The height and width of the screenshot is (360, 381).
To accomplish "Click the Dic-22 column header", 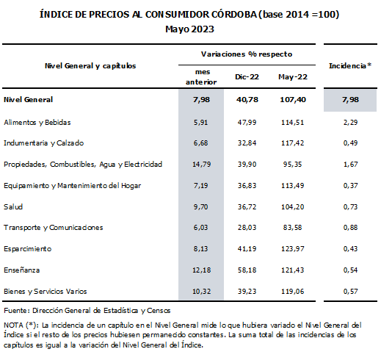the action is click(x=247, y=77).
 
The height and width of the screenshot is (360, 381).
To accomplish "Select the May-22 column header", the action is click(x=293, y=77).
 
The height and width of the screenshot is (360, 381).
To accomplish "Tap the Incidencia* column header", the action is click(x=350, y=65).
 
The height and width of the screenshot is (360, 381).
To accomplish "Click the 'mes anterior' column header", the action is click(x=201, y=77).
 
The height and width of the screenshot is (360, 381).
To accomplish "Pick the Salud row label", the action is click(x=13, y=206).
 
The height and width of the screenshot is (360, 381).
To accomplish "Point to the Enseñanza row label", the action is click(x=22, y=270).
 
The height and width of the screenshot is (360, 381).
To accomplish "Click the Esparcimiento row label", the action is click(x=28, y=249).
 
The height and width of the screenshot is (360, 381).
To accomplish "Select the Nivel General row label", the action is click(x=28, y=99).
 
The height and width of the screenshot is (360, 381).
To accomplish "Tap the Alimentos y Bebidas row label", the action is click(x=37, y=122).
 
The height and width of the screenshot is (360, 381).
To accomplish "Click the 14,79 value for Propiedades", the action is click(x=201, y=164).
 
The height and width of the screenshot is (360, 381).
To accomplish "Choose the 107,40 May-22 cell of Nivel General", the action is click(x=293, y=100).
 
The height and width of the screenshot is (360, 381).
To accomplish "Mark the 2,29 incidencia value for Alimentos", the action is click(x=350, y=122).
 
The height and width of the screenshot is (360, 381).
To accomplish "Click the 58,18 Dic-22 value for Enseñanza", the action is click(x=247, y=270).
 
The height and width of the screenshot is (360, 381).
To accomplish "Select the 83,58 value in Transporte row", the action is click(x=292, y=228).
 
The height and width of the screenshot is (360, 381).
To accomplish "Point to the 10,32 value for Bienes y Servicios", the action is click(x=201, y=292).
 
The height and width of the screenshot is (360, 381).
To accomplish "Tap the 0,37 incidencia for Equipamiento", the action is click(x=350, y=186).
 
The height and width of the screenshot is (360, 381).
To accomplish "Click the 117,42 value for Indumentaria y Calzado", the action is click(x=293, y=143).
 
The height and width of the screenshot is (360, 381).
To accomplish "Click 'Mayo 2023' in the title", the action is click(x=190, y=29).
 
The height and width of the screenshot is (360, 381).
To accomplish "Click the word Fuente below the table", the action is click(x=16, y=311).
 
